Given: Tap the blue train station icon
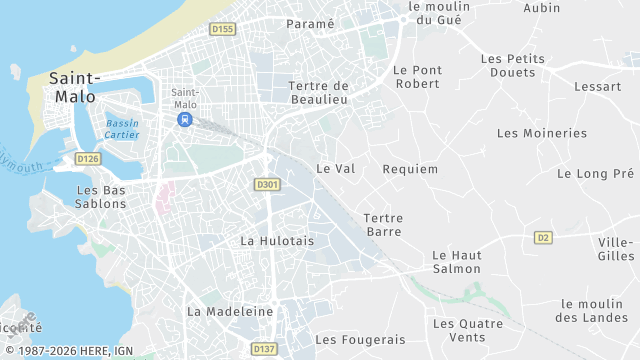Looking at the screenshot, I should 185,119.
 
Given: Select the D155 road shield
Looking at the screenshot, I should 223,30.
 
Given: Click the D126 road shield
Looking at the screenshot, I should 88,159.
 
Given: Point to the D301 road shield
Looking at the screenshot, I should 267,184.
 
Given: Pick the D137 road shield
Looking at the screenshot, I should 264,349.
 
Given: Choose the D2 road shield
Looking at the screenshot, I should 543,237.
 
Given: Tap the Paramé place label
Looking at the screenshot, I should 310,23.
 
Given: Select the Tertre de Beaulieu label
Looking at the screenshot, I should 318,92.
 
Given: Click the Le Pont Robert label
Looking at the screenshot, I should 417,77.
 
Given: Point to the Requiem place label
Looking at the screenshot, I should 410,169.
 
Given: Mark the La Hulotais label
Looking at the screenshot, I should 277,241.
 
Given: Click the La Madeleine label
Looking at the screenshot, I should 230,311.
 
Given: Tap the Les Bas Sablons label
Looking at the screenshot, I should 101,197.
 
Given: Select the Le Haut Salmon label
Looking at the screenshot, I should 457,262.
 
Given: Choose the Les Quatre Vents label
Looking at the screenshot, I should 459,330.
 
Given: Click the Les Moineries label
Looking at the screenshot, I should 542,133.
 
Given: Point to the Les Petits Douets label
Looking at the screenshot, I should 514,66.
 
